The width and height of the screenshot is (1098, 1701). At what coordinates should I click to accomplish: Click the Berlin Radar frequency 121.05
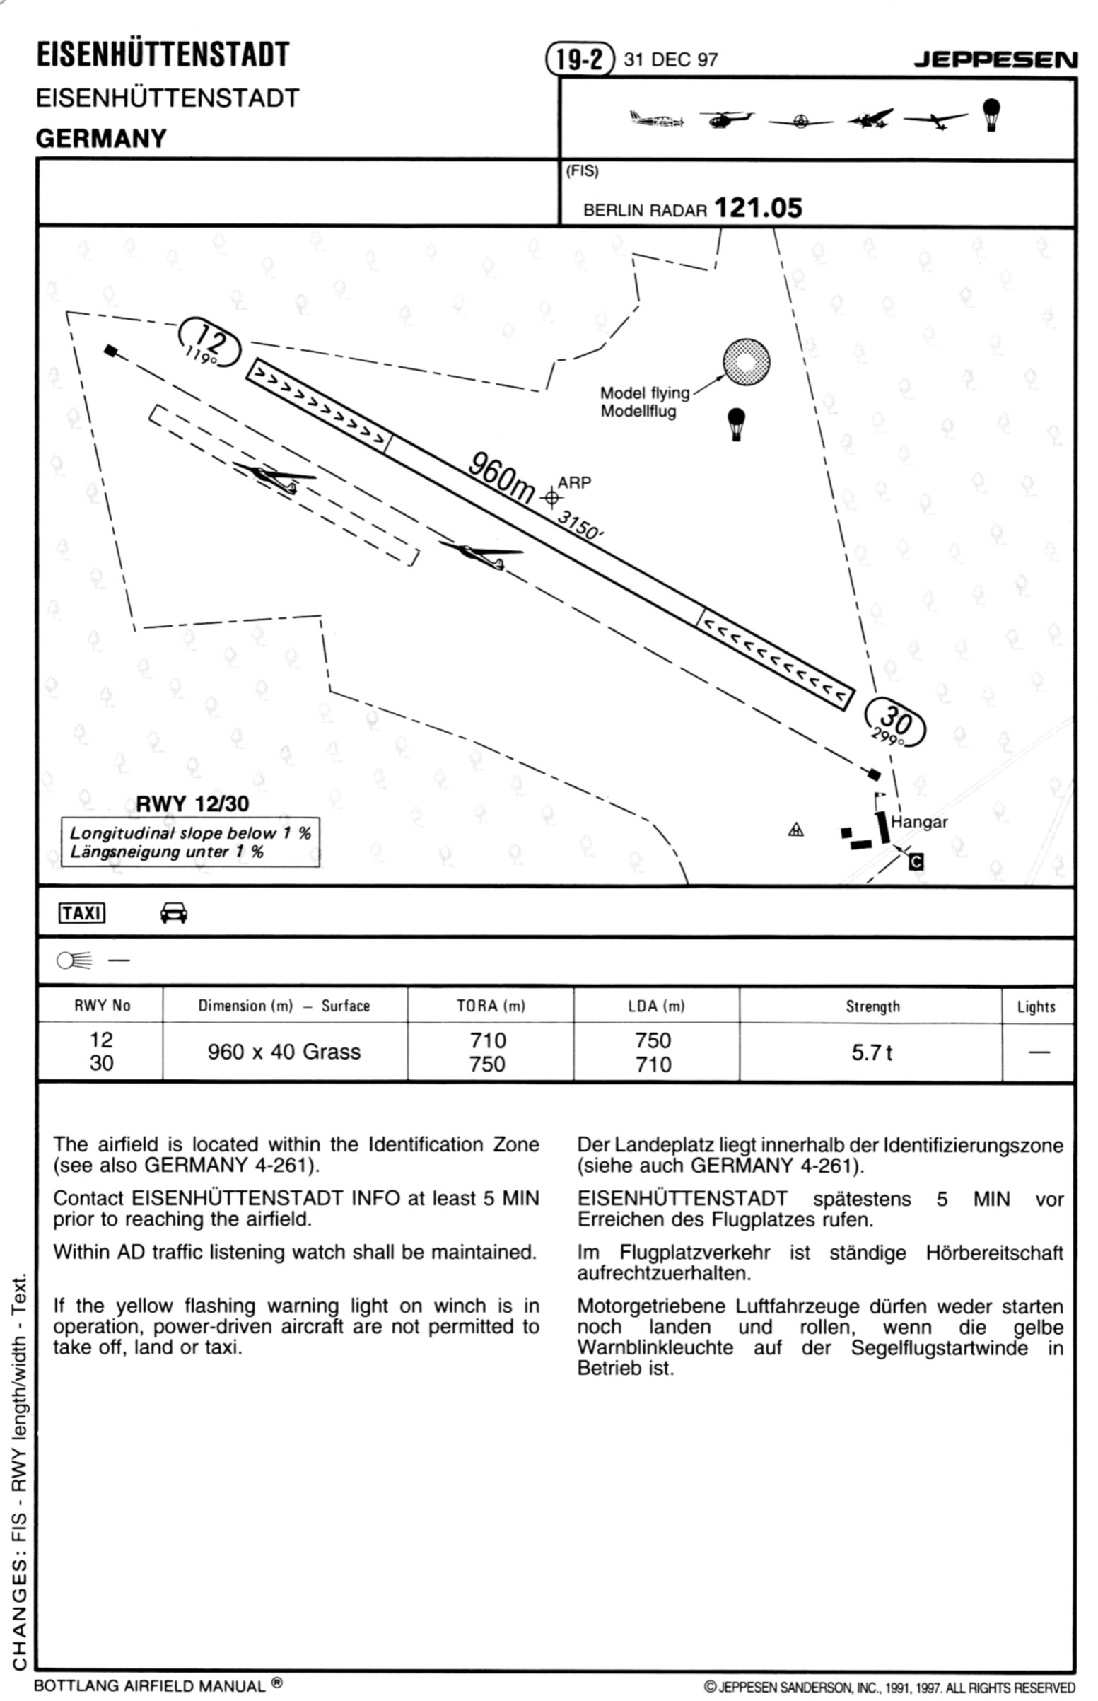click(758, 208)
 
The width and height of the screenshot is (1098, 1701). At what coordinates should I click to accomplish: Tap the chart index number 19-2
click(579, 59)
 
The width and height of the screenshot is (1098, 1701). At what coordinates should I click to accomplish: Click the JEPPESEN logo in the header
click(995, 59)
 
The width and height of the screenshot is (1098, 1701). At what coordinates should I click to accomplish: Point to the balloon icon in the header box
click(991, 114)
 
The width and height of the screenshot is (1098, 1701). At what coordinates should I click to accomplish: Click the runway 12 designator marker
click(209, 342)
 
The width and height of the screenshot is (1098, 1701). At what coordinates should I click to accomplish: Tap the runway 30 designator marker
click(896, 724)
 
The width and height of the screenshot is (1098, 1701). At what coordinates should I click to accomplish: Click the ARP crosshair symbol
click(551, 497)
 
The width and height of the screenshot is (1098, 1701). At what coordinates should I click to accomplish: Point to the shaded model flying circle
click(746, 361)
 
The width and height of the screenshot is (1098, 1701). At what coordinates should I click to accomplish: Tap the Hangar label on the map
click(918, 822)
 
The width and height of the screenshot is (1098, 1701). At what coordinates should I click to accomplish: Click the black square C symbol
click(917, 861)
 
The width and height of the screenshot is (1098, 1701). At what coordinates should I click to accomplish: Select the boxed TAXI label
click(82, 913)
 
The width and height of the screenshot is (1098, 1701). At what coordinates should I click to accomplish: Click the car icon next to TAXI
click(174, 913)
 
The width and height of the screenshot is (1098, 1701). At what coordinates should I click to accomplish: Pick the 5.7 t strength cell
click(871, 1052)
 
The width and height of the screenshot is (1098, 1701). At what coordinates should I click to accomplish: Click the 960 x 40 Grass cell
click(284, 1051)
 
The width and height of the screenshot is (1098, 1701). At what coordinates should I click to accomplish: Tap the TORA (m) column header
click(491, 1006)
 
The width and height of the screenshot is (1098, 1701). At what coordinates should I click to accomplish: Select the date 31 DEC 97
click(670, 59)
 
